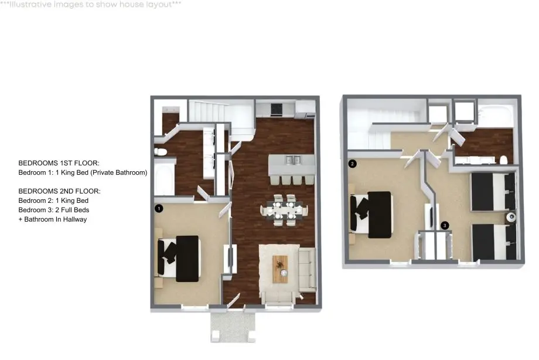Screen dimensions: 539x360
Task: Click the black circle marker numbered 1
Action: pyautogui.click(x=159, y=208)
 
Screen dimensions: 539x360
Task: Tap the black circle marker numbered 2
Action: pyautogui.click(x=352, y=164)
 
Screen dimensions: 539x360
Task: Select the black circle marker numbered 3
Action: pyautogui.click(x=445, y=225)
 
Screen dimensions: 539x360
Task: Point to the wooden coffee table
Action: pyautogui.click(x=280, y=269)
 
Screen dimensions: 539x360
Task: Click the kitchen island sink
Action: pyautogui.click(x=293, y=159)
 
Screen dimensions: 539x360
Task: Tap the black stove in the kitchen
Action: pyautogui.click(x=277, y=109)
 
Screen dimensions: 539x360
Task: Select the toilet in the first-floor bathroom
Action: pyautogui.click(x=161, y=151)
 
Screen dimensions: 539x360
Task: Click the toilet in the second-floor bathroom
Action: pyautogui.click(x=503, y=160)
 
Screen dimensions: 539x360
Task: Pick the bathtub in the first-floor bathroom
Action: pyautogui.click(x=164, y=179)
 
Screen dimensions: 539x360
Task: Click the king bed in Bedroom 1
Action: pyautogui.click(x=179, y=259)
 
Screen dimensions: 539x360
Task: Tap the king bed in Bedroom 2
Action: pyautogui.click(x=371, y=215)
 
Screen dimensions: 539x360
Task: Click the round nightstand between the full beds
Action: pyautogui.click(x=511, y=217)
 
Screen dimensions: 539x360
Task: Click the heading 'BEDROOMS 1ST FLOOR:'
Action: pyautogui.click(x=59, y=163)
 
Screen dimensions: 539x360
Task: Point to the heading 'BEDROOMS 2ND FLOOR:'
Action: pyautogui.click(x=60, y=191)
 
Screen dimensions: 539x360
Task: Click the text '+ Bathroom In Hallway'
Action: pyautogui.click(x=53, y=219)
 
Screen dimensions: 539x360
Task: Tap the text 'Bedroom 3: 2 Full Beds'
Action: pyautogui.click(x=54, y=210)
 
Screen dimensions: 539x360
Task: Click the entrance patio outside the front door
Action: pyautogui.click(x=233, y=327)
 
